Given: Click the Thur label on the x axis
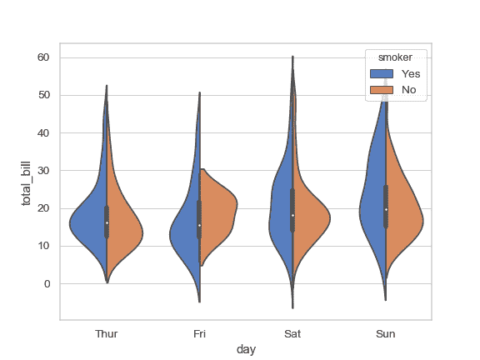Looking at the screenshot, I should pyautogui.click(x=107, y=334).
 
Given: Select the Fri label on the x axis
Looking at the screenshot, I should pyautogui.click(x=199, y=334).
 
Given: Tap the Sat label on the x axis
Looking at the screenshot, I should pyautogui.click(x=292, y=334).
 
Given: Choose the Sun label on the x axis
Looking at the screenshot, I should pyautogui.click(x=385, y=334).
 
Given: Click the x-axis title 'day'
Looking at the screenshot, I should pyautogui.click(x=246, y=350).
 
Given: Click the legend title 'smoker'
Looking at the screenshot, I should pyautogui.click(x=397, y=57).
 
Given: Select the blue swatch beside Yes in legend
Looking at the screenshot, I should pyautogui.click(x=381, y=73).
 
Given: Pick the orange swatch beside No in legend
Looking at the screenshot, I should pyautogui.click(x=381, y=88).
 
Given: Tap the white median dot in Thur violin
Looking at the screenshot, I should pyautogui.click(x=107, y=222).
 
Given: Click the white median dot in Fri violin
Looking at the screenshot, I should pyautogui.click(x=199, y=225).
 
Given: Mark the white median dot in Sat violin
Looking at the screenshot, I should pyautogui.click(x=292, y=215).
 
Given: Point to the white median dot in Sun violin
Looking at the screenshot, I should pyautogui.click(x=385, y=209).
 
